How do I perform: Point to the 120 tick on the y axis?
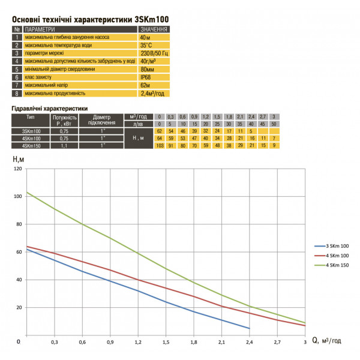(18, 169)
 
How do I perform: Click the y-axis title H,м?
(19, 159)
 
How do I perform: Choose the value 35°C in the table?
(148, 45)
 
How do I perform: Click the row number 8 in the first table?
(17, 94)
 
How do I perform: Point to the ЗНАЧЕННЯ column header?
(154, 29)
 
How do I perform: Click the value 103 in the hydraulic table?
(160, 145)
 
